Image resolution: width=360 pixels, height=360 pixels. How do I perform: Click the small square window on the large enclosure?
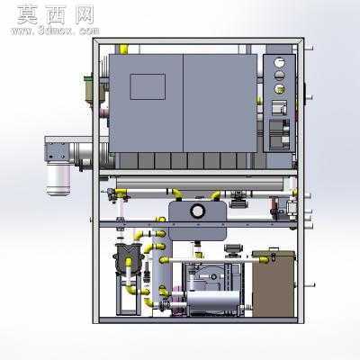148,86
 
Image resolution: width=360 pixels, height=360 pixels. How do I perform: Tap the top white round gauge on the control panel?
279,63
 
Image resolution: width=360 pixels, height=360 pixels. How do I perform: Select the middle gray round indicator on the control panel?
279,76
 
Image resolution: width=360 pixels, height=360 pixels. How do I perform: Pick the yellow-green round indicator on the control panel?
280,89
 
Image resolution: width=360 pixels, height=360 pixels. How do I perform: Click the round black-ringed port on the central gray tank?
198,211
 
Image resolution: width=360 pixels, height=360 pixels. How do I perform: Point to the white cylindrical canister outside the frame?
58,179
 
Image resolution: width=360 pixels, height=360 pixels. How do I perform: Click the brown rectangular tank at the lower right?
273,284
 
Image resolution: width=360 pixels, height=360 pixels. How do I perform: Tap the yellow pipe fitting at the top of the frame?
123,49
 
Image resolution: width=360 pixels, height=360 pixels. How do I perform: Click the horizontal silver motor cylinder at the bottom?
213,301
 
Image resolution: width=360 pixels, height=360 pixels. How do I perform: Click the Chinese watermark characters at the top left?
56,15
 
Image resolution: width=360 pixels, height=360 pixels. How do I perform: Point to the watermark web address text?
55,31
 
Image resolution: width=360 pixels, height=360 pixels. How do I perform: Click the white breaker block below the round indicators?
279,107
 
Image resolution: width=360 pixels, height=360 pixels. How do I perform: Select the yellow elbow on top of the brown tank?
264,260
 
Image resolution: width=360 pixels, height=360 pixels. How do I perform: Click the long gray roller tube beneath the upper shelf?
200,181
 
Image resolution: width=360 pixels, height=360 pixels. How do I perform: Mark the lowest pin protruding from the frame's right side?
310,285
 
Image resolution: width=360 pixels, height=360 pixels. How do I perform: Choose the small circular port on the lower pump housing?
212,276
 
